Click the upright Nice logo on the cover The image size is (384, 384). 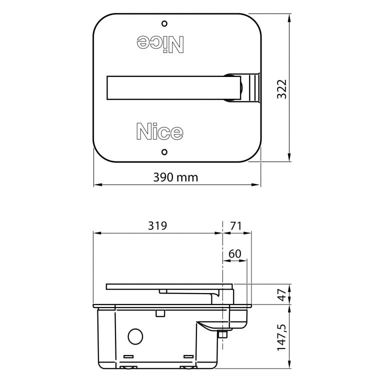(x=159, y=132)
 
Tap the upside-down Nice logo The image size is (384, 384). (x=159, y=44)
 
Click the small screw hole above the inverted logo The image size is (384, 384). (x=164, y=23)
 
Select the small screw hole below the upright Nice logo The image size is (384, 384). (x=164, y=151)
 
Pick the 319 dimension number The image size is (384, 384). (x=157, y=225)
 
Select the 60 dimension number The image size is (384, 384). (x=234, y=253)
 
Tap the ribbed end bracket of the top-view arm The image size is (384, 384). (x=252, y=88)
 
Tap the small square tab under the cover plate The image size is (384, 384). (x=160, y=313)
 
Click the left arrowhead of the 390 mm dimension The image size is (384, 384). (x=96, y=184)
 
